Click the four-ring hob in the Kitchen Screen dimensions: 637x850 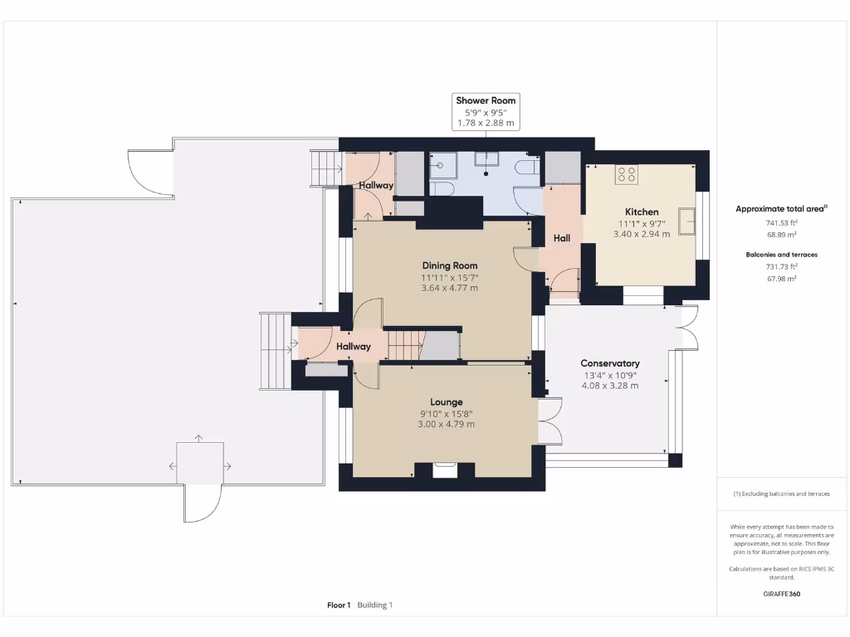[626, 175]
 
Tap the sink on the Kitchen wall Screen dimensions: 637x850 [686, 221]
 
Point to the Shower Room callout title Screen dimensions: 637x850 [486, 100]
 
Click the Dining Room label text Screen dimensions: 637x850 [449, 265]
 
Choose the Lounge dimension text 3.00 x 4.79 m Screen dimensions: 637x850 [446, 424]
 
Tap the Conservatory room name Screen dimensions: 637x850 [609, 363]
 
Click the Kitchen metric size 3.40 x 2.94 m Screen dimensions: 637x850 [642, 235]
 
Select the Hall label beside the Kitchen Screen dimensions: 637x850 [562, 239]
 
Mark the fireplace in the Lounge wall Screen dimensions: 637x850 [445, 470]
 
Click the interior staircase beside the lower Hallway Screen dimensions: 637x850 [406, 344]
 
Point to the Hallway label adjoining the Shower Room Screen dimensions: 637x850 [376, 185]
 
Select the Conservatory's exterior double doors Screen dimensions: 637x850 [687, 328]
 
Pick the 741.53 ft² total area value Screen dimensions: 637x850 [781, 223]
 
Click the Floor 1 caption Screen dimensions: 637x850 [339, 605]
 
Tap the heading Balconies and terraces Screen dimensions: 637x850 [781, 255]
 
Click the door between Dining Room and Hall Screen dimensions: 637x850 [526, 260]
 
